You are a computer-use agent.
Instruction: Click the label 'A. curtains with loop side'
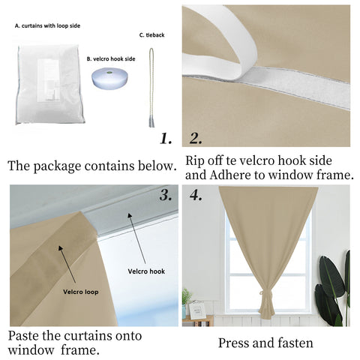[47, 25]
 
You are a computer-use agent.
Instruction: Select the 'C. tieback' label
[152, 35]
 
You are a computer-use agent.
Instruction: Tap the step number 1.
[166, 139]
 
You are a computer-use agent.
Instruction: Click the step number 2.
[196, 139]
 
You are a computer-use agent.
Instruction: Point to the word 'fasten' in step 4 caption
[292, 343]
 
